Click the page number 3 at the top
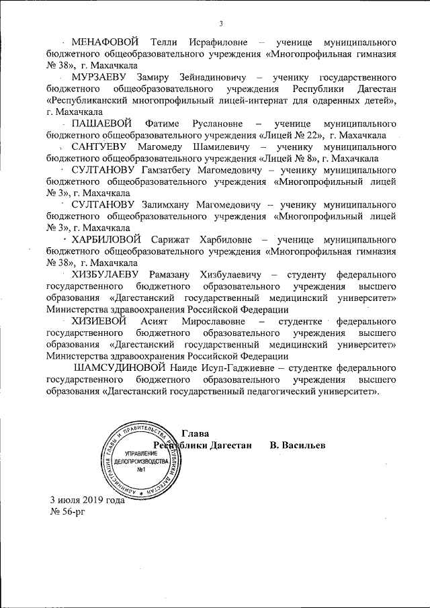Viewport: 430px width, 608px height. point(220,25)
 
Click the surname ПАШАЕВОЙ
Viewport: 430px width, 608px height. point(101,124)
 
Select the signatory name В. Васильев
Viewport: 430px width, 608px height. point(298,445)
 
